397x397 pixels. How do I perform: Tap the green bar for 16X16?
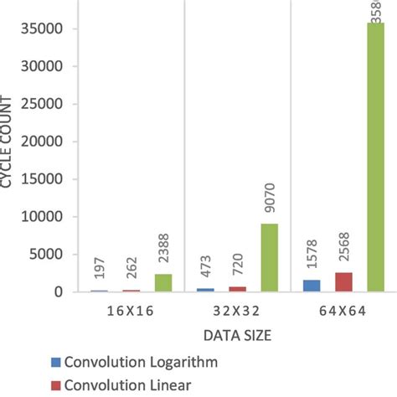click(163, 282)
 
